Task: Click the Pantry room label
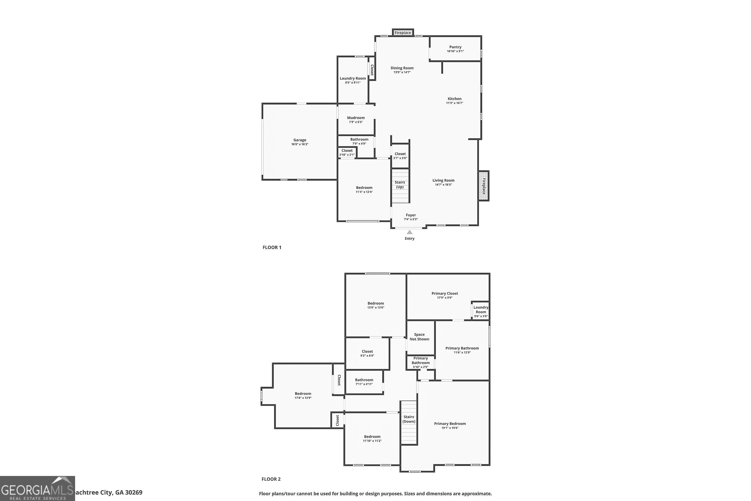click(455, 47)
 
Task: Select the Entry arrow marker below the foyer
click(409, 232)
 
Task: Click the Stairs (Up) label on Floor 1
click(400, 185)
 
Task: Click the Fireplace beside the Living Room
click(483, 186)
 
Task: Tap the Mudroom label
click(356, 117)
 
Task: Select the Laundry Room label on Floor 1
click(352, 78)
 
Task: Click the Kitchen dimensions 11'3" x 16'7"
click(454, 103)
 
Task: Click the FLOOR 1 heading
click(272, 247)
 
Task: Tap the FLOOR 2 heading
click(271, 479)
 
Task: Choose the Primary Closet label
click(445, 293)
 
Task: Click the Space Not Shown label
click(419, 337)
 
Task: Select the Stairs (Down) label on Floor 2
click(409, 419)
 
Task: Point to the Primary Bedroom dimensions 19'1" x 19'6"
click(450, 428)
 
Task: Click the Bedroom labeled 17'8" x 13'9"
click(303, 394)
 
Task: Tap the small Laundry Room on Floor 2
click(481, 310)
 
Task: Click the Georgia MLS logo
click(37, 488)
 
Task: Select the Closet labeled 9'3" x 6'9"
click(367, 351)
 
